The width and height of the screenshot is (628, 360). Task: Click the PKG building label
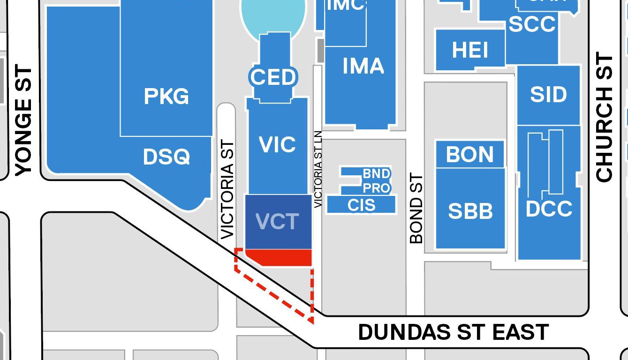pos(166,97)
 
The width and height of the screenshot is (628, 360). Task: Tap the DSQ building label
pos(166,157)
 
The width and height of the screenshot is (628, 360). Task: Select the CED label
pos(273,77)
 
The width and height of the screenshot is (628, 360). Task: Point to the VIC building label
pos(278,145)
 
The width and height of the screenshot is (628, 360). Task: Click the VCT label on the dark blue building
pos(278,221)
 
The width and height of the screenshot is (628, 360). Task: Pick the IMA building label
pos(363,66)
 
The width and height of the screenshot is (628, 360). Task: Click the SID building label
pos(548,95)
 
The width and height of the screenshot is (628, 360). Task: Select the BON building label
pos(470,154)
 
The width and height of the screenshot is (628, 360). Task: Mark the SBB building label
pos(470,211)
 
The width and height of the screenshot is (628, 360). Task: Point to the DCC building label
pos(549,209)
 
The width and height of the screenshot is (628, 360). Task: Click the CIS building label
pos(362,205)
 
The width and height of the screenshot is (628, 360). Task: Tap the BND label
pos(377,174)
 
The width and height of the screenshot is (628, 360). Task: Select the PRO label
pos(377,188)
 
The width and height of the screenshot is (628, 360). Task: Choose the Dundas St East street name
pos(453,332)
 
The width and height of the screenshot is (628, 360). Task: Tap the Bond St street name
pos(416,209)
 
